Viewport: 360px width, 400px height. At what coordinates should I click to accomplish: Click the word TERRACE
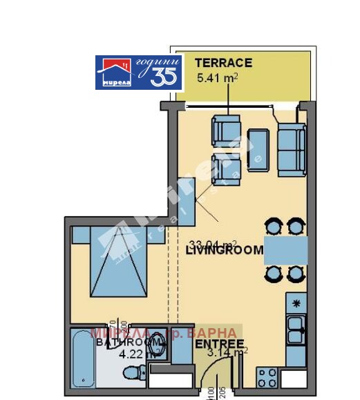[222, 63]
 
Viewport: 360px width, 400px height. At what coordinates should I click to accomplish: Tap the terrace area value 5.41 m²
[218, 78]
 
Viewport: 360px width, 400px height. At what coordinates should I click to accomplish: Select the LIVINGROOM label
[225, 251]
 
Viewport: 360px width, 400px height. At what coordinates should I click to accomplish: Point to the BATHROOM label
[120, 342]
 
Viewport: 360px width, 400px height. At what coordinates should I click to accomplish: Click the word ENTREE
[219, 344]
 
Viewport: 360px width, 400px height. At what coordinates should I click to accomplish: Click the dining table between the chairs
[285, 249]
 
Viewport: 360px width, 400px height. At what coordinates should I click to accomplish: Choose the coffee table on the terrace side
[258, 150]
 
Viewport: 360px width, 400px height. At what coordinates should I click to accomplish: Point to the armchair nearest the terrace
[226, 130]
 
